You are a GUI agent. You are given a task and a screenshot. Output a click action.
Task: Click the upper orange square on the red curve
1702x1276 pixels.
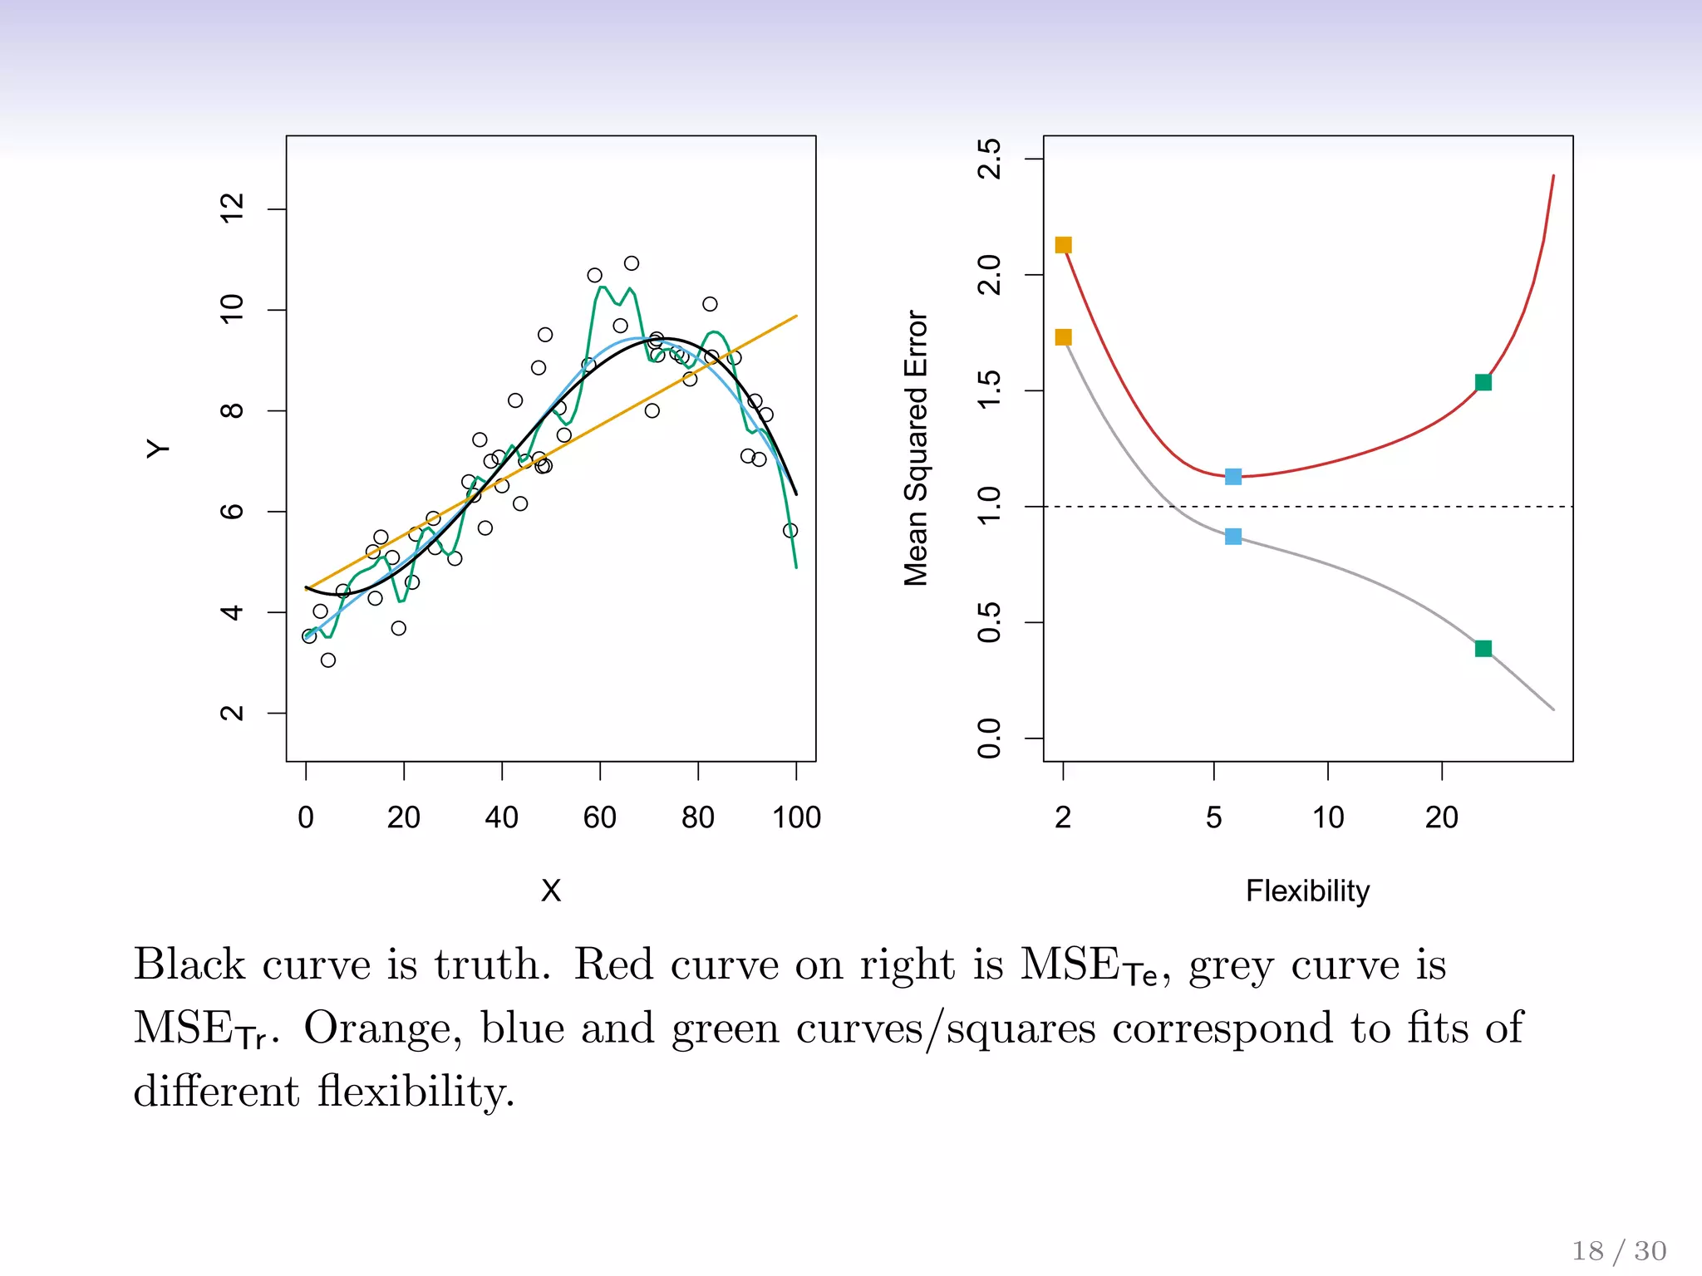(1063, 245)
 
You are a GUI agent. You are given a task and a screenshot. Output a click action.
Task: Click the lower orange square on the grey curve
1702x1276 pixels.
(1063, 337)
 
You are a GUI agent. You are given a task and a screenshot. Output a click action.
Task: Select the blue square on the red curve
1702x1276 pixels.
(1233, 477)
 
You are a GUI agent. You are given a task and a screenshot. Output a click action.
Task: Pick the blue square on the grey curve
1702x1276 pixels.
(1233, 537)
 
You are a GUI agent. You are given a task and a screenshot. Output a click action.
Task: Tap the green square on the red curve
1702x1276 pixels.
(1483, 382)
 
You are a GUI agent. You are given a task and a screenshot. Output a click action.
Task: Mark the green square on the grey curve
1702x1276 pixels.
(1483, 649)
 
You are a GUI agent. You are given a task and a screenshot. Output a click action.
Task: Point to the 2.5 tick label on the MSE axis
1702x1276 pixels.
(990, 159)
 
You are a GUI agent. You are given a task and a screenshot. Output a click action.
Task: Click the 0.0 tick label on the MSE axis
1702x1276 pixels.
(990, 738)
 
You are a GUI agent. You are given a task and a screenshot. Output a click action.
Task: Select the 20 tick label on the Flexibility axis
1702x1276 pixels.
(1442, 817)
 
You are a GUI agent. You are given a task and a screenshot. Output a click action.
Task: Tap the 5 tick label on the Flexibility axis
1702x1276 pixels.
(1214, 817)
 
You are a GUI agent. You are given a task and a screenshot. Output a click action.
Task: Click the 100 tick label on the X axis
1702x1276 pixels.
(796, 817)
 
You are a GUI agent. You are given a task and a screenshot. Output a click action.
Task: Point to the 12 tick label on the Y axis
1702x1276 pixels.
(232, 208)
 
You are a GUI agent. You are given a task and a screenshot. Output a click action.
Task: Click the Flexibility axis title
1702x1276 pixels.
(1307, 891)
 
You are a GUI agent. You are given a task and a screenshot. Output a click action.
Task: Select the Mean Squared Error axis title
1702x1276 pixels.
(916, 449)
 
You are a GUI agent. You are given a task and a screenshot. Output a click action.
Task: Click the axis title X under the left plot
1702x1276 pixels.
(551, 891)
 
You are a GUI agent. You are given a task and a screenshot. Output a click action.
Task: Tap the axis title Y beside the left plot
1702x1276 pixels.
(158, 449)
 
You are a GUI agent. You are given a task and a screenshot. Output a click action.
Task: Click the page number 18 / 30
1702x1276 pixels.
(1619, 1250)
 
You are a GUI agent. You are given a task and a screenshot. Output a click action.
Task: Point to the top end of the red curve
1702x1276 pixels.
(1553, 176)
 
